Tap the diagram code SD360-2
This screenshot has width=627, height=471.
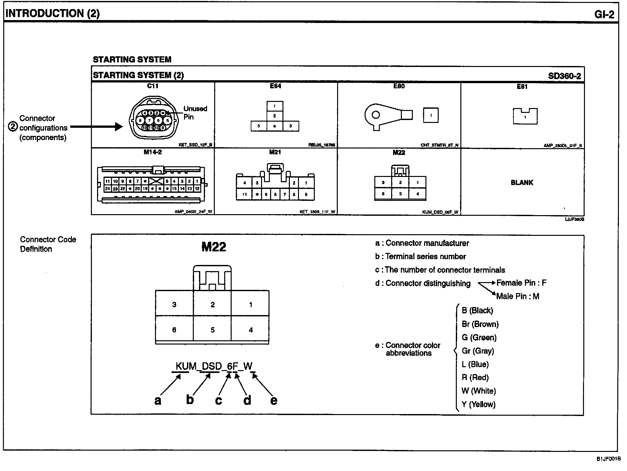(564, 76)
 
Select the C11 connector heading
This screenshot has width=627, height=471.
(152, 86)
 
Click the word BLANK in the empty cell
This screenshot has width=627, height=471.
(522, 183)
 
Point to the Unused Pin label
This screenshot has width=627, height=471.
(195, 113)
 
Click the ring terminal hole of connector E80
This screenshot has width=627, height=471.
(376, 115)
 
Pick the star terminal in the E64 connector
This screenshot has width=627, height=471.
(275, 126)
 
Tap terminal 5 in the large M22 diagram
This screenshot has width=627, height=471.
(213, 330)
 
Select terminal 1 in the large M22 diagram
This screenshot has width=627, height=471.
(250, 305)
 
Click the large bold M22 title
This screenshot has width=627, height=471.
(214, 247)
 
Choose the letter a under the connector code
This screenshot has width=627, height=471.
(158, 400)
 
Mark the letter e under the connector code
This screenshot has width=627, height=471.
(274, 400)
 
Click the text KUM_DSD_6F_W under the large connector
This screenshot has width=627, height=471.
(214, 366)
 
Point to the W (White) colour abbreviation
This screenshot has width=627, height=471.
(478, 391)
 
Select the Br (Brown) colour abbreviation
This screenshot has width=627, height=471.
(480, 324)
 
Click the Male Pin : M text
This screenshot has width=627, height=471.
(518, 296)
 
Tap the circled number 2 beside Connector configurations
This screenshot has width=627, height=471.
(13, 126)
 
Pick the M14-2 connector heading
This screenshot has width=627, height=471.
(152, 152)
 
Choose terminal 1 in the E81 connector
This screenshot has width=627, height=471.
(525, 117)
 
